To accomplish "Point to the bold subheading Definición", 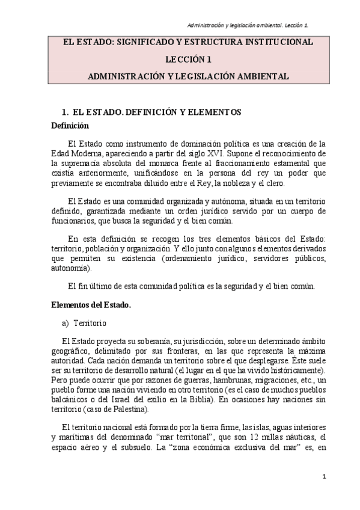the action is [x=70, y=126].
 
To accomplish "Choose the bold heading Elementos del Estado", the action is [x=91, y=305].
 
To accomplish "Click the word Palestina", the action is [x=130, y=412].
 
